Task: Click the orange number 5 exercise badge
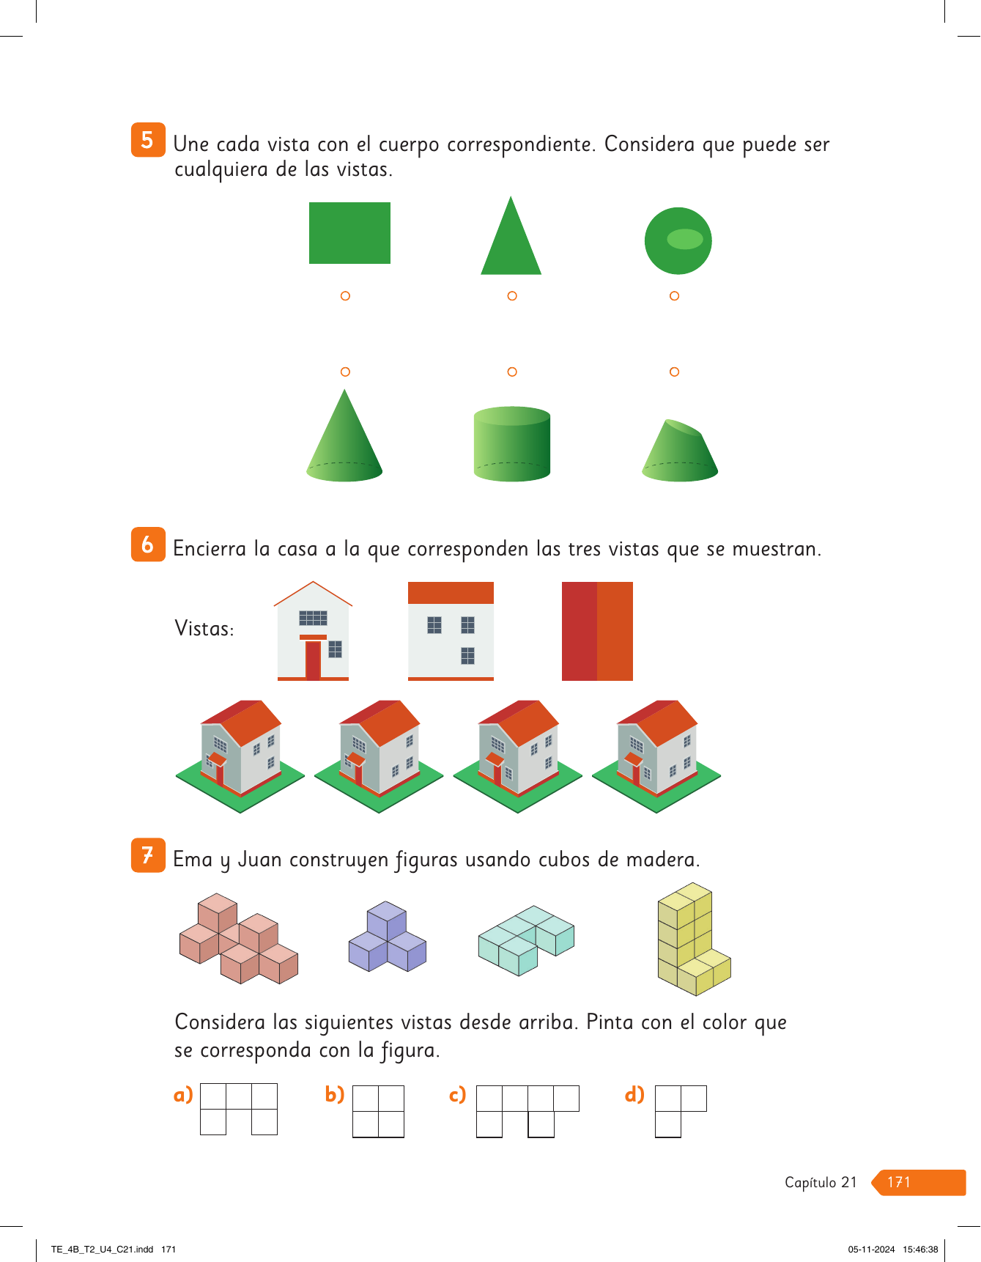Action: point(148,140)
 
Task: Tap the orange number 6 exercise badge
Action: point(148,545)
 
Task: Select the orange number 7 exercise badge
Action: point(148,855)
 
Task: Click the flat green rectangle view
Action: point(349,233)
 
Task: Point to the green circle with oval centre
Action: point(678,240)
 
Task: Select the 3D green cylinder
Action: point(512,444)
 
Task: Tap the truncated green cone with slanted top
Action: point(680,451)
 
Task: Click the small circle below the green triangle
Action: point(512,296)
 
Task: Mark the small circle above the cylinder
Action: point(512,372)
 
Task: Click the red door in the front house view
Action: point(313,660)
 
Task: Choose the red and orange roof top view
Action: point(597,631)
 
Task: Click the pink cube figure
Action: point(239,938)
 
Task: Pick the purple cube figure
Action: point(387,937)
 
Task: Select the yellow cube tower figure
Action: point(694,939)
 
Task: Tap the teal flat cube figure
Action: point(526,940)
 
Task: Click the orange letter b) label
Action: point(335,1094)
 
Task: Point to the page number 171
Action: point(899,1182)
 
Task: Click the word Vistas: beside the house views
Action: point(204,629)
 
